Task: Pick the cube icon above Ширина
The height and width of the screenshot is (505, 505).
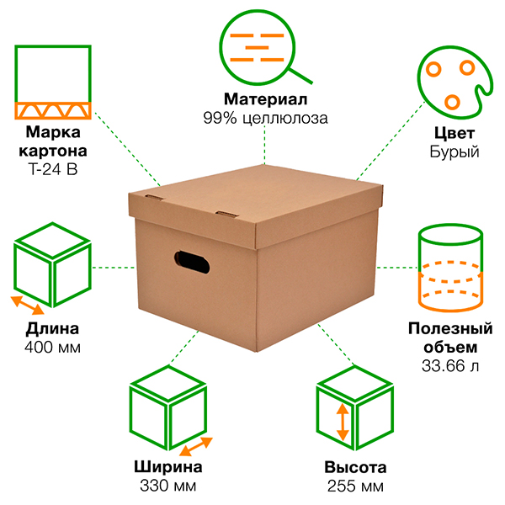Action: [x=167, y=412]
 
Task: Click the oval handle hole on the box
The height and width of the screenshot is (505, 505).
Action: [x=192, y=261]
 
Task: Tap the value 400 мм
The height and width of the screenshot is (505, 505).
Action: [x=52, y=347]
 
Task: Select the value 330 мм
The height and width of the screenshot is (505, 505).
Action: [x=167, y=486]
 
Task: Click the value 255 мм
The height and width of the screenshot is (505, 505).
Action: [x=354, y=486]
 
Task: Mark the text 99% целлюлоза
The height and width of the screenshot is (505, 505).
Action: [x=264, y=119]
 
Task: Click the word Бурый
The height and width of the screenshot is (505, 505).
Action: [x=454, y=152]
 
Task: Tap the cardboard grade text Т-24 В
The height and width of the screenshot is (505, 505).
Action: [x=53, y=169]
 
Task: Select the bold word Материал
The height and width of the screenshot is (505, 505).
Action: [x=264, y=100]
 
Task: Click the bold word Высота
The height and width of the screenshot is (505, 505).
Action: [x=354, y=468]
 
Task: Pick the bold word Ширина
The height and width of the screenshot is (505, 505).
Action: [x=167, y=468]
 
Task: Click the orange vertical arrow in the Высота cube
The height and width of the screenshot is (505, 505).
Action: [x=342, y=423]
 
